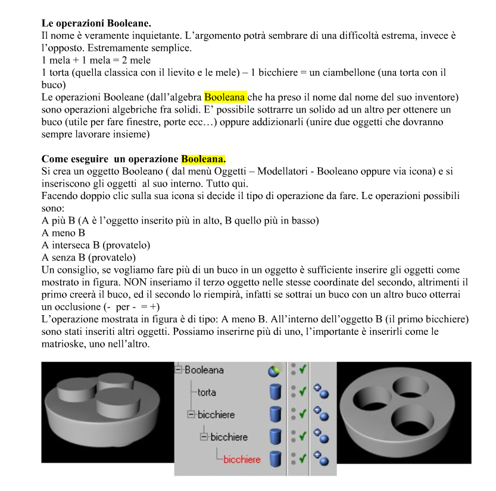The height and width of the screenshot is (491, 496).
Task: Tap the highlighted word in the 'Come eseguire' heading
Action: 203,159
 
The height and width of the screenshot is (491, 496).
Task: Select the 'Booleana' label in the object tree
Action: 204,370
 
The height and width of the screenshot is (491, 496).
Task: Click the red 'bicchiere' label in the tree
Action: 241,459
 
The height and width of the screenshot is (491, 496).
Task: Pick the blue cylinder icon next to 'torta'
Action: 275,393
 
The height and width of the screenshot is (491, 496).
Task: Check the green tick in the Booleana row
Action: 304,370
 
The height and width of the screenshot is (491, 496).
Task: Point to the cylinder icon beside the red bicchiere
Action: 275,459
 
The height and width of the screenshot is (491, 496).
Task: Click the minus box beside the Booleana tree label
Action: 179,370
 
